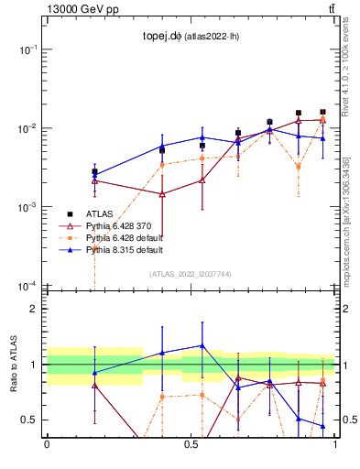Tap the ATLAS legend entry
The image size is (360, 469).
click(x=99, y=213)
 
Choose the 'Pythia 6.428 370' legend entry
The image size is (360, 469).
click(x=118, y=225)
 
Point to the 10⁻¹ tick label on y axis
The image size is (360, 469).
click(x=27, y=49)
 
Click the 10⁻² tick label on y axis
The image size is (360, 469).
click(x=27, y=128)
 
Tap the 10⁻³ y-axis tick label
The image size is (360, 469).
click(x=27, y=208)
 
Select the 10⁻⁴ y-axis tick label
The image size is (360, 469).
click(x=27, y=287)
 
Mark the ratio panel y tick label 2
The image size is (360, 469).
click(x=33, y=309)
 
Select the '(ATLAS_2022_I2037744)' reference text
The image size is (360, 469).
click(x=191, y=274)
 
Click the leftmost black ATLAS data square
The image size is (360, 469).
click(x=94, y=171)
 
